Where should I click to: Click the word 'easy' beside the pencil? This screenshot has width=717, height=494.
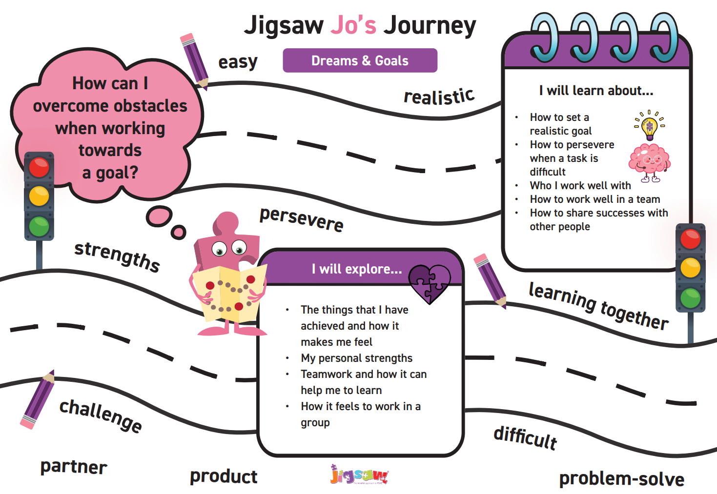point(238,62)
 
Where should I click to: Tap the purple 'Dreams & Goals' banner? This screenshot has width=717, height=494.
point(360,60)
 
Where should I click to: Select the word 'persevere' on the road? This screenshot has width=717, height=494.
point(302,219)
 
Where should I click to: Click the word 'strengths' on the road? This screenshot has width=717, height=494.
point(117,257)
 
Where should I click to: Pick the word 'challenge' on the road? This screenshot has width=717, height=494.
point(101,415)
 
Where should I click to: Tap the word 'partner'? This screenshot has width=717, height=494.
point(74,467)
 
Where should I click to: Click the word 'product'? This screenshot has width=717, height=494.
point(224,476)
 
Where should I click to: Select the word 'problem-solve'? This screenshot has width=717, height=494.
point(622,479)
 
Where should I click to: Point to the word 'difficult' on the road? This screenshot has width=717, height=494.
point(525,438)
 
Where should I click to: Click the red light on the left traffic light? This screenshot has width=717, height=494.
point(39,167)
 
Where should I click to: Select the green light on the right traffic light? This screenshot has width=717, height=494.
point(691,298)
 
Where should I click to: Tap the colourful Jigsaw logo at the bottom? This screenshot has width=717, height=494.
point(359,474)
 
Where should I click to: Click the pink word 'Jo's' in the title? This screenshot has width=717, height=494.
point(353,25)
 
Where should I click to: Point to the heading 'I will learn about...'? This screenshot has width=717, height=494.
point(596,91)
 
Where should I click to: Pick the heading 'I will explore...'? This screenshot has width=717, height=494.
point(357,269)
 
